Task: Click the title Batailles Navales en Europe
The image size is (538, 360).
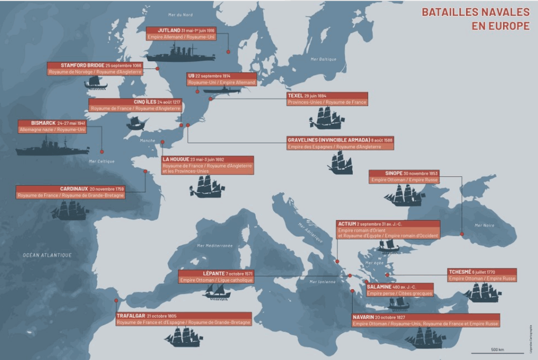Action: tap(475, 19)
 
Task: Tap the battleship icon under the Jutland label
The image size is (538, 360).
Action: tap(180, 54)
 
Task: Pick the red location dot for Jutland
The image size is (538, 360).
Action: tap(228, 52)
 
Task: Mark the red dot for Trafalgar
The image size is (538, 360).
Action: tap(116, 301)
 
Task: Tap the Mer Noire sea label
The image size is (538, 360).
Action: tap(484, 225)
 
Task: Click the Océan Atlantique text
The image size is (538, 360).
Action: tap(47, 255)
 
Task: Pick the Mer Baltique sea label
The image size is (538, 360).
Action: tap(323, 59)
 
